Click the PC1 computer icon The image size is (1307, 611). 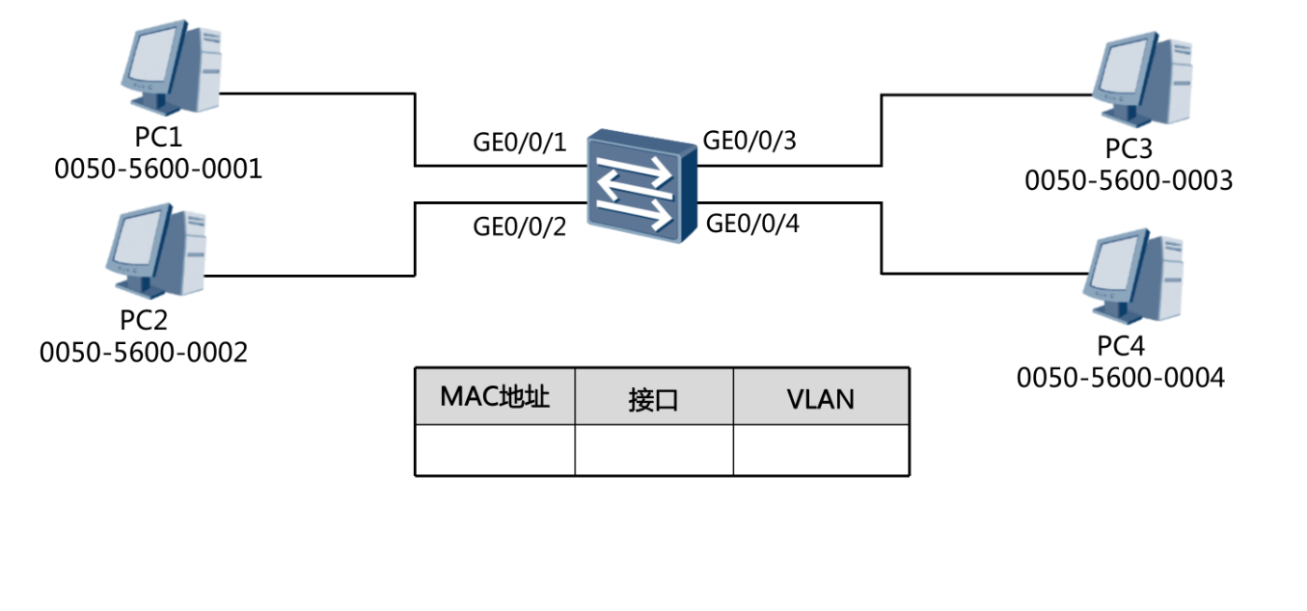point(170,69)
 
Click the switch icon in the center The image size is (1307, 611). point(640,185)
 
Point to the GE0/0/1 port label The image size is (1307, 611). point(518,144)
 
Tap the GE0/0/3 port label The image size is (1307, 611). point(749,141)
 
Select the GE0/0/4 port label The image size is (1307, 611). point(753,225)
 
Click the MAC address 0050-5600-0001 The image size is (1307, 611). point(158,171)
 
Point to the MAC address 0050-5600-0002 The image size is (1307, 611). point(144,353)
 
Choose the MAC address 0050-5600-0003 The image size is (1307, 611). point(1129,180)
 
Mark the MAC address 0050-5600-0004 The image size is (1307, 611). point(1121,378)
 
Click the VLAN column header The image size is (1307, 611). point(821,398)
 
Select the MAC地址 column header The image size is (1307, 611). point(495,397)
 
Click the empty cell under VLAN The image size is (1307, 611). point(821,449)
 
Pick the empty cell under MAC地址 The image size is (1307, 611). point(495,449)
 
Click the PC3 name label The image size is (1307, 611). point(1130,149)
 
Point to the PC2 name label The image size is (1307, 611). point(145,320)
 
